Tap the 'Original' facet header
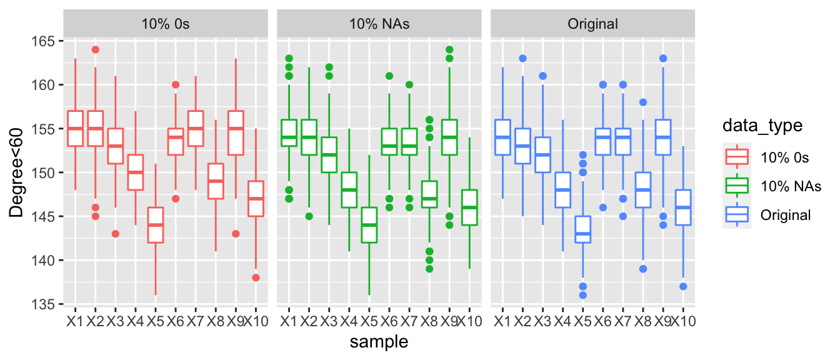coord(592,24)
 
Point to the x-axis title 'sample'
coord(379,342)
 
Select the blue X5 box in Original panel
coord(582,229)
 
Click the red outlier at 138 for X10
coord(256,277)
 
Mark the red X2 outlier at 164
coord(95,50)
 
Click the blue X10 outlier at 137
coord(683,286)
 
